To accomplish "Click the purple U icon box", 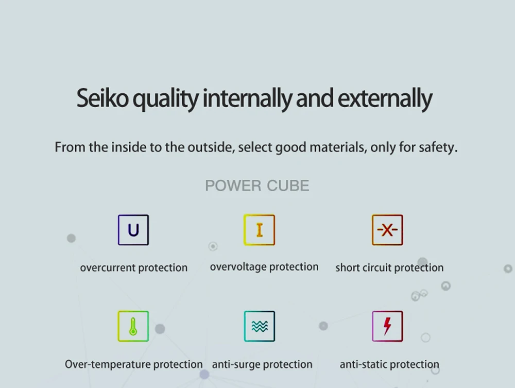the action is pyautogui.click(x=133, y=230).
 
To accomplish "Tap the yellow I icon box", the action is pyautogui.click(x=259, y=230).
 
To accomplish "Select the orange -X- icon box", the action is pyautogui.click(x=387, y=230).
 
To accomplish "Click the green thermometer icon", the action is pyautogui.click(x=133, y=326).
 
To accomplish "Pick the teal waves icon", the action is pyautogui.click(x=260, y=326).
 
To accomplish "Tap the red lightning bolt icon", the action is pyautogui.click(x=387, y=326).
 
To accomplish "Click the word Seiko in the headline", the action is pyautogui.click(x=102, y=98).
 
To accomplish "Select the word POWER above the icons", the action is pyautogui.click(x=233, y=185).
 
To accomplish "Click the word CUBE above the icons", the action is pyautogui.click(x=288, y=185).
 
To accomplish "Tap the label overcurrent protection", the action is pyautogui.click(x=134, y=268).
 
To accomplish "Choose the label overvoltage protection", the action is pyautogui.click(x=264, y=267).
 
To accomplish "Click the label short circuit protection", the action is pyautogui.click(x=389, y=268).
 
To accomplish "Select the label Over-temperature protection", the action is pyautogui.click(x=134, y=364).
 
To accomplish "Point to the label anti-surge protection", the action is pyautogui.click(x=262, y=364).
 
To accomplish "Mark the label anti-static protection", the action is pyautogui.click(x=389, y=364).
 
